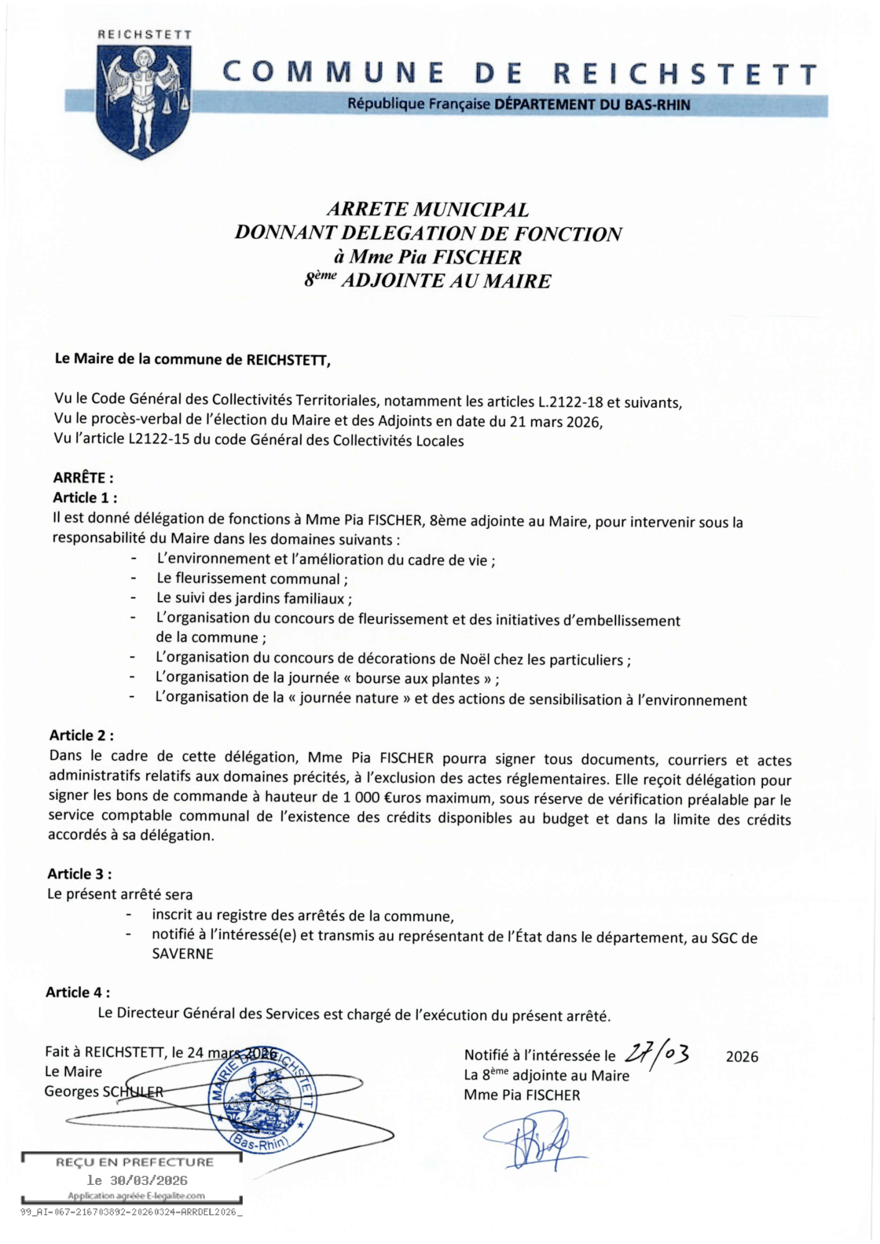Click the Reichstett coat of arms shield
pyautogui.click(x=143, y=103)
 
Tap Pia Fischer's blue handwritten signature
pyautogui.click(x=532, y=1142)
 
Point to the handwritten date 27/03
pyautogui.click(x=657, y=1054)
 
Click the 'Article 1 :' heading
pyautogui.click(x=85, y=498)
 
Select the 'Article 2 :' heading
pyautogui.click(x=82, y=735)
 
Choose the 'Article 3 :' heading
pyautogui.click(x=80, y=874)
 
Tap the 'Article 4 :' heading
pyautogui.click(x=78, y=992)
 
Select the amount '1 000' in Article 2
pyautogui.click(x=359, y=798)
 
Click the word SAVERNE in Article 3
pyautogui.click(x=182, y=954)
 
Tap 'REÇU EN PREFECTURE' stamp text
pyautogui.click(x=134, y=1162)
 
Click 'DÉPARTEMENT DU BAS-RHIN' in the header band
pyautogui.click(x=592, y=104)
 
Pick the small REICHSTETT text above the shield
pyautogui.click(x=144, y=35)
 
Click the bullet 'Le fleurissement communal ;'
pyautogui.click(x=252, y=579)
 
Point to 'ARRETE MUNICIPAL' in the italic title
pyautogui.click(x=428, y=209)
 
